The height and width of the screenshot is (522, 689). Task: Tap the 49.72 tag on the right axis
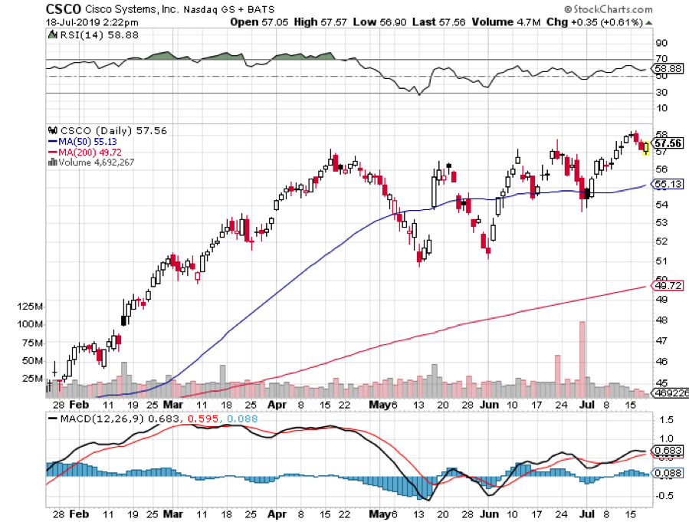[x=664, y=285]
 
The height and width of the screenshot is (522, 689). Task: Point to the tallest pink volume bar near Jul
[x=582, y=350]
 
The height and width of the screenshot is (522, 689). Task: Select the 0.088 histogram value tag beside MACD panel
[x=666, y=473]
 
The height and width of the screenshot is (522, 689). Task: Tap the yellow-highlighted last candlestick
[x=645, y=147]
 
